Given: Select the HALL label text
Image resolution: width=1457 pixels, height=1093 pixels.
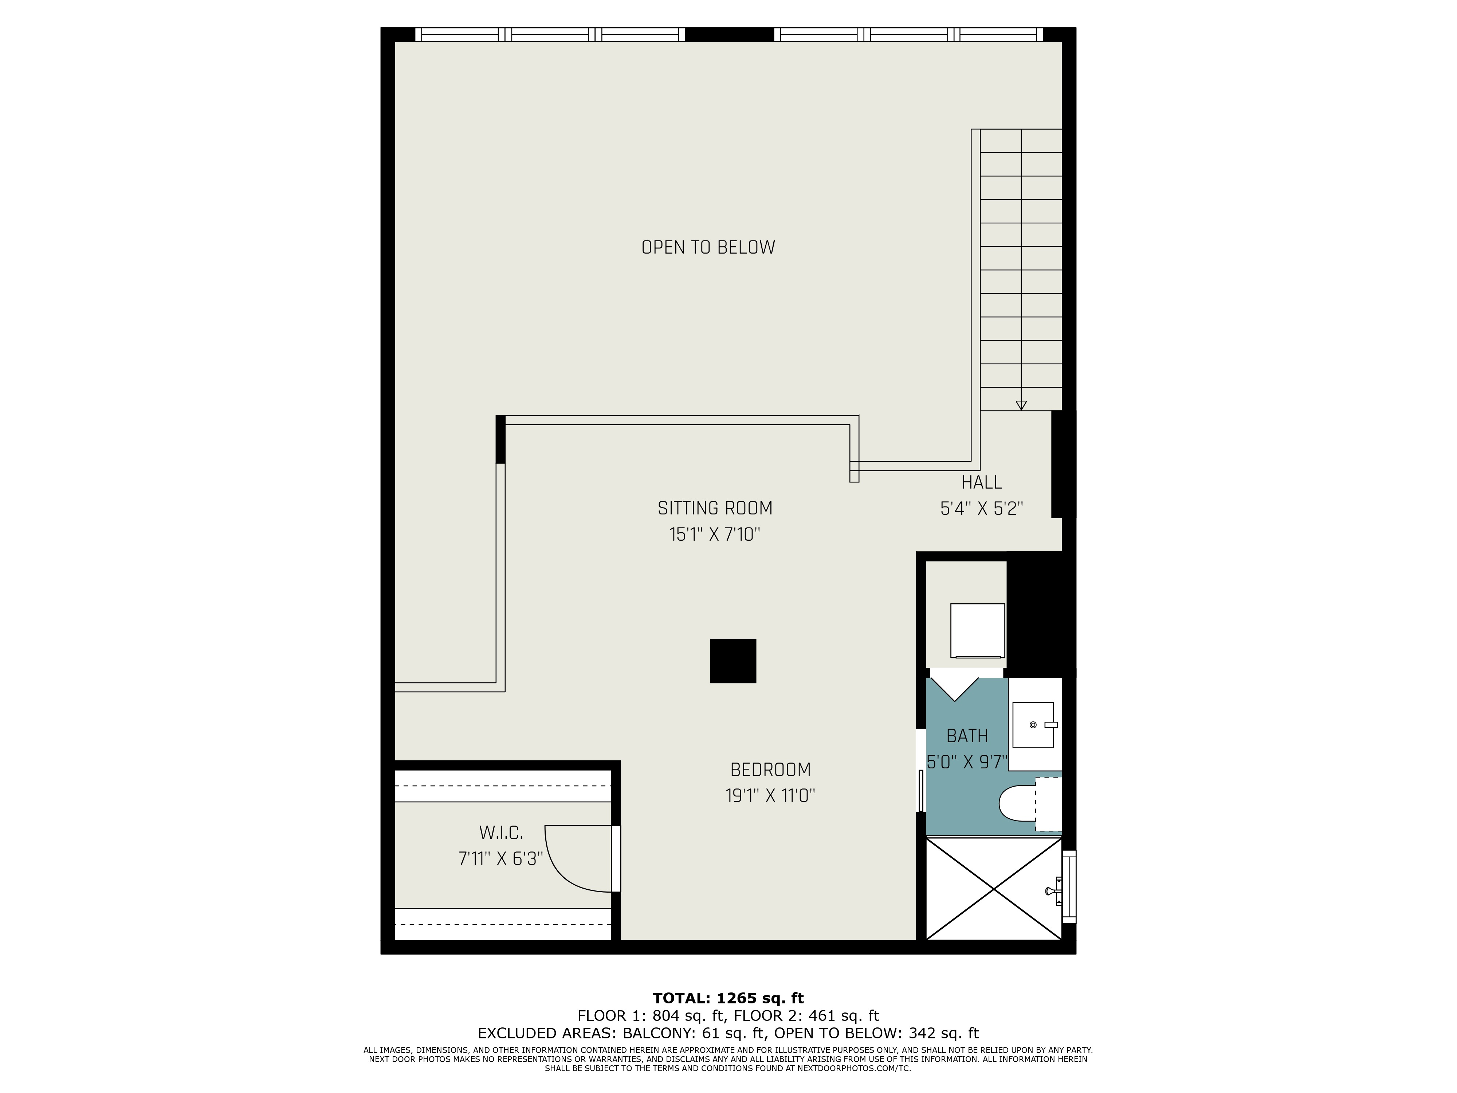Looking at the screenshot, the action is pos(981,482).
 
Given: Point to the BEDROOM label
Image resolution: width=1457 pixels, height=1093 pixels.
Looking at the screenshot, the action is pos(770,769).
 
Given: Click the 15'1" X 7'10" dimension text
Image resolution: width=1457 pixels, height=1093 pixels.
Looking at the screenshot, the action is pos(715,534).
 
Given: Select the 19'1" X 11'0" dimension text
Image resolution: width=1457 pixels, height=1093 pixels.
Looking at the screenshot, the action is pos(770,796).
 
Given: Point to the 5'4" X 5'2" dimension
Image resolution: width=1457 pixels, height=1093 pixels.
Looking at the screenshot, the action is pos(981,509).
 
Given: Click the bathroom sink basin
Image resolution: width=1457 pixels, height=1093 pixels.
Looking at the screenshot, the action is pos(1033,725).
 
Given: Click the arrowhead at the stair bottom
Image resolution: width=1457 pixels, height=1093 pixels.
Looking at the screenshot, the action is pos(1021,406).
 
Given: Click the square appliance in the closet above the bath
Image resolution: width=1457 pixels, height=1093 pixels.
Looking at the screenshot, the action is pos(978,631).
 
